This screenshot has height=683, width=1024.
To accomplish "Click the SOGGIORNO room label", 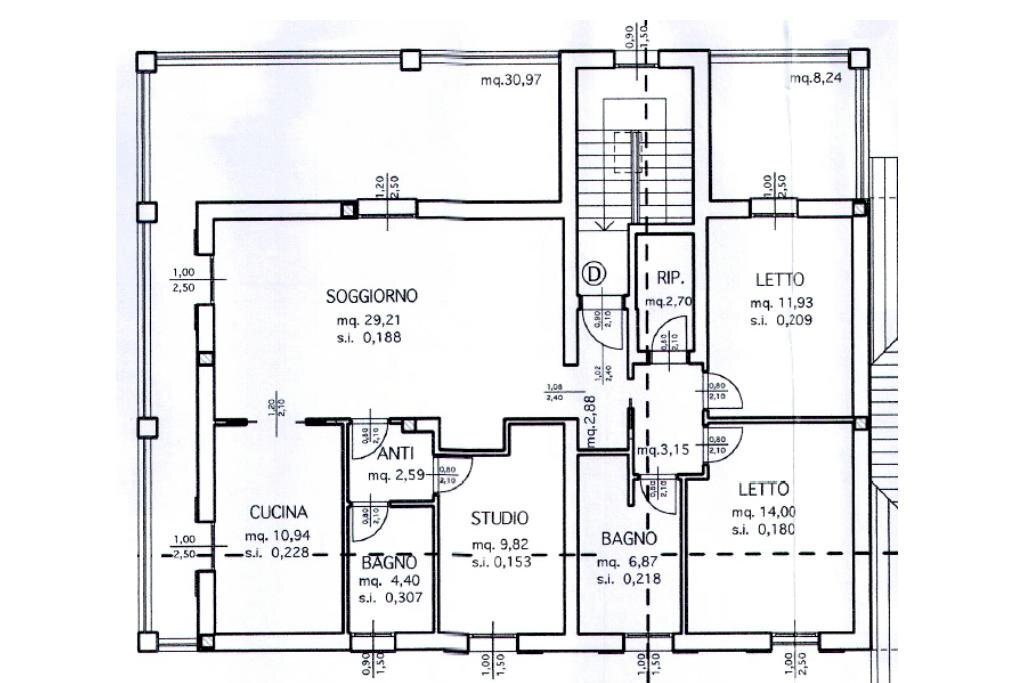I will coord(372,296).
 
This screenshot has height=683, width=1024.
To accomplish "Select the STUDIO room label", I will coord(500,518).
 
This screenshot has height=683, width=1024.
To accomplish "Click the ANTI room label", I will coord(392,453).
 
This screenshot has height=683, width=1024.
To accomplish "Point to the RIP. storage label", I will coord(669,279).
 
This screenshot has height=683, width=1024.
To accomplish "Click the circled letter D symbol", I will coord(595,272).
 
